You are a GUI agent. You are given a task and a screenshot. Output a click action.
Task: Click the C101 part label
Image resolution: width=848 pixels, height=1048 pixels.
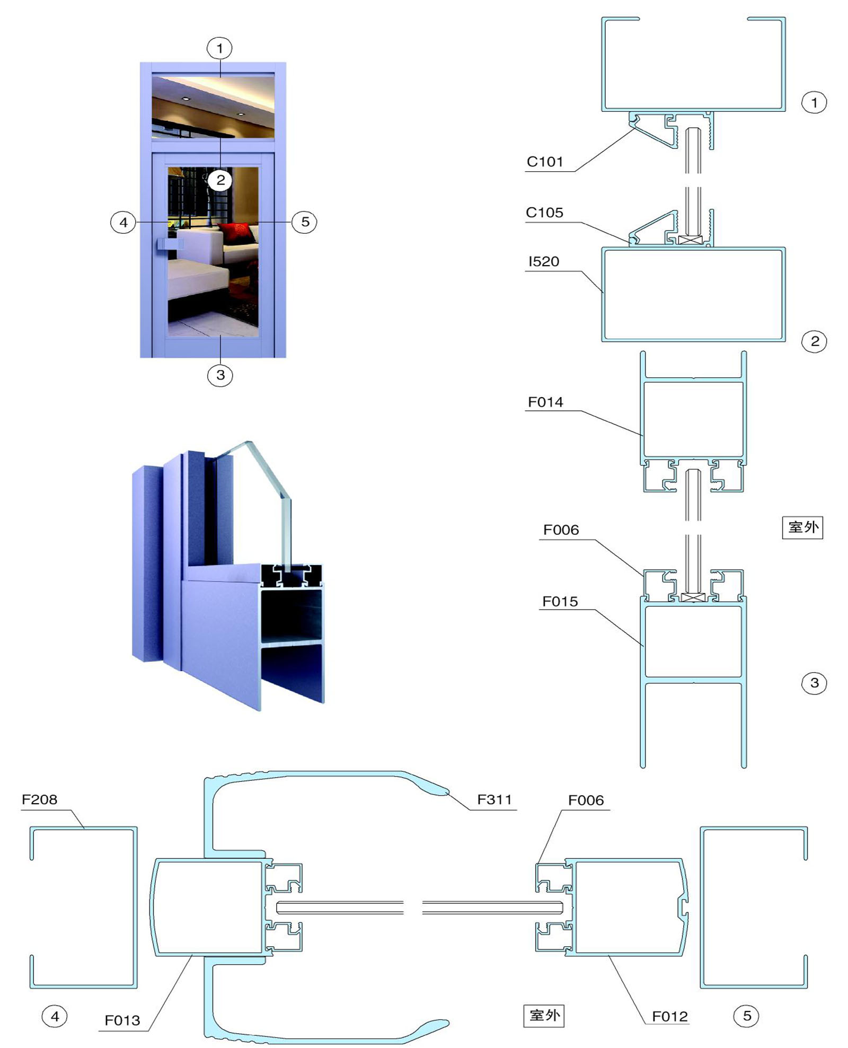[x=544, y=162]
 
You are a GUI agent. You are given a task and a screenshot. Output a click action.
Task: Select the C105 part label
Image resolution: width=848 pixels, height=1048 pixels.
[x=544, y=213]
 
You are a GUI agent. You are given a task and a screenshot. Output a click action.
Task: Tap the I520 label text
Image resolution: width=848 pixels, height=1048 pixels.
[x=544, y=261]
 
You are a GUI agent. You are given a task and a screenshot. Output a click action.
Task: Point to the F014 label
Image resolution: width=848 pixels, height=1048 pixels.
[x=545, y=402]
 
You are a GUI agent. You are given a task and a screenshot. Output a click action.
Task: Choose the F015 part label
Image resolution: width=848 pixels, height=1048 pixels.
[x=560, y=602]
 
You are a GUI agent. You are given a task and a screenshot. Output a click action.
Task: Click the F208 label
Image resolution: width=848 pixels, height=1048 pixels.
[x=39, y=799]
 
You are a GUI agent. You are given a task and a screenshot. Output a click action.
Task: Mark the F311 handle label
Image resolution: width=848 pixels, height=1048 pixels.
[x=494, y=799]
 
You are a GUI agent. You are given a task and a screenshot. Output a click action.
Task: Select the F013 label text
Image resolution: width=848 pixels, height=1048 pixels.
[x=122, y=1020]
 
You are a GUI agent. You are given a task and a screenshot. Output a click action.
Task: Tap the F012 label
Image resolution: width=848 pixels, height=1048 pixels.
[x=670, y=1016]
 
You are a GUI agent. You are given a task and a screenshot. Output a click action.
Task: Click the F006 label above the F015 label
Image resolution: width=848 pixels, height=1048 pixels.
[x=561, y=530]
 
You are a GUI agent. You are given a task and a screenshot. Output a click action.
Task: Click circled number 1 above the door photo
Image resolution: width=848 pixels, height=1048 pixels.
[x=219, y=49]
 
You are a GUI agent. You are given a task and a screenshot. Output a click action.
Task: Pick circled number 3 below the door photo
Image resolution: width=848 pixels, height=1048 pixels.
[x=220, y=375]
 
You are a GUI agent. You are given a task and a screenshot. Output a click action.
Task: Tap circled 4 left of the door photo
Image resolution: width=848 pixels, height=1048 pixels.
[x=123, y=222]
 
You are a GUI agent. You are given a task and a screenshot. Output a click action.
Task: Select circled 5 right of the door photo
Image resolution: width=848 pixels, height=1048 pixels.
[x=305, y=222]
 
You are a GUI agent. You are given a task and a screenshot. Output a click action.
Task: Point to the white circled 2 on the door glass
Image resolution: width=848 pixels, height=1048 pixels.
[x=220, y=180]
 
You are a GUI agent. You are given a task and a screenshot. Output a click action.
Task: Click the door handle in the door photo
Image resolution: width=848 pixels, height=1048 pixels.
[x=170, y=244]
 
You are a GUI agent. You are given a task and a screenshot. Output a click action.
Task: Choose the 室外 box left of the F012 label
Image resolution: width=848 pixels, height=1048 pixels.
[x=544, y=1015]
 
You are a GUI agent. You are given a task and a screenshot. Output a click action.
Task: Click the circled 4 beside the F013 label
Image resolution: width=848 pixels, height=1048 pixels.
[x=55, y=1016]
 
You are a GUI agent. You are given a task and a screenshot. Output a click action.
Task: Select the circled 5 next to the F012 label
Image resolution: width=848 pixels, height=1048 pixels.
[x=746, y=1016]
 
